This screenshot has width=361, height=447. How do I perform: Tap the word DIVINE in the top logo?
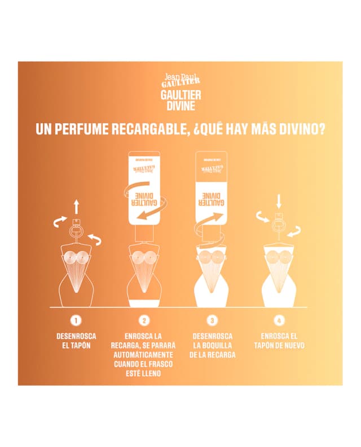point(180,106)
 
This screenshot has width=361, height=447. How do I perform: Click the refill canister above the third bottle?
point(211,186)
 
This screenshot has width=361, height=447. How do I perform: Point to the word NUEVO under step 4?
point(291,345)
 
